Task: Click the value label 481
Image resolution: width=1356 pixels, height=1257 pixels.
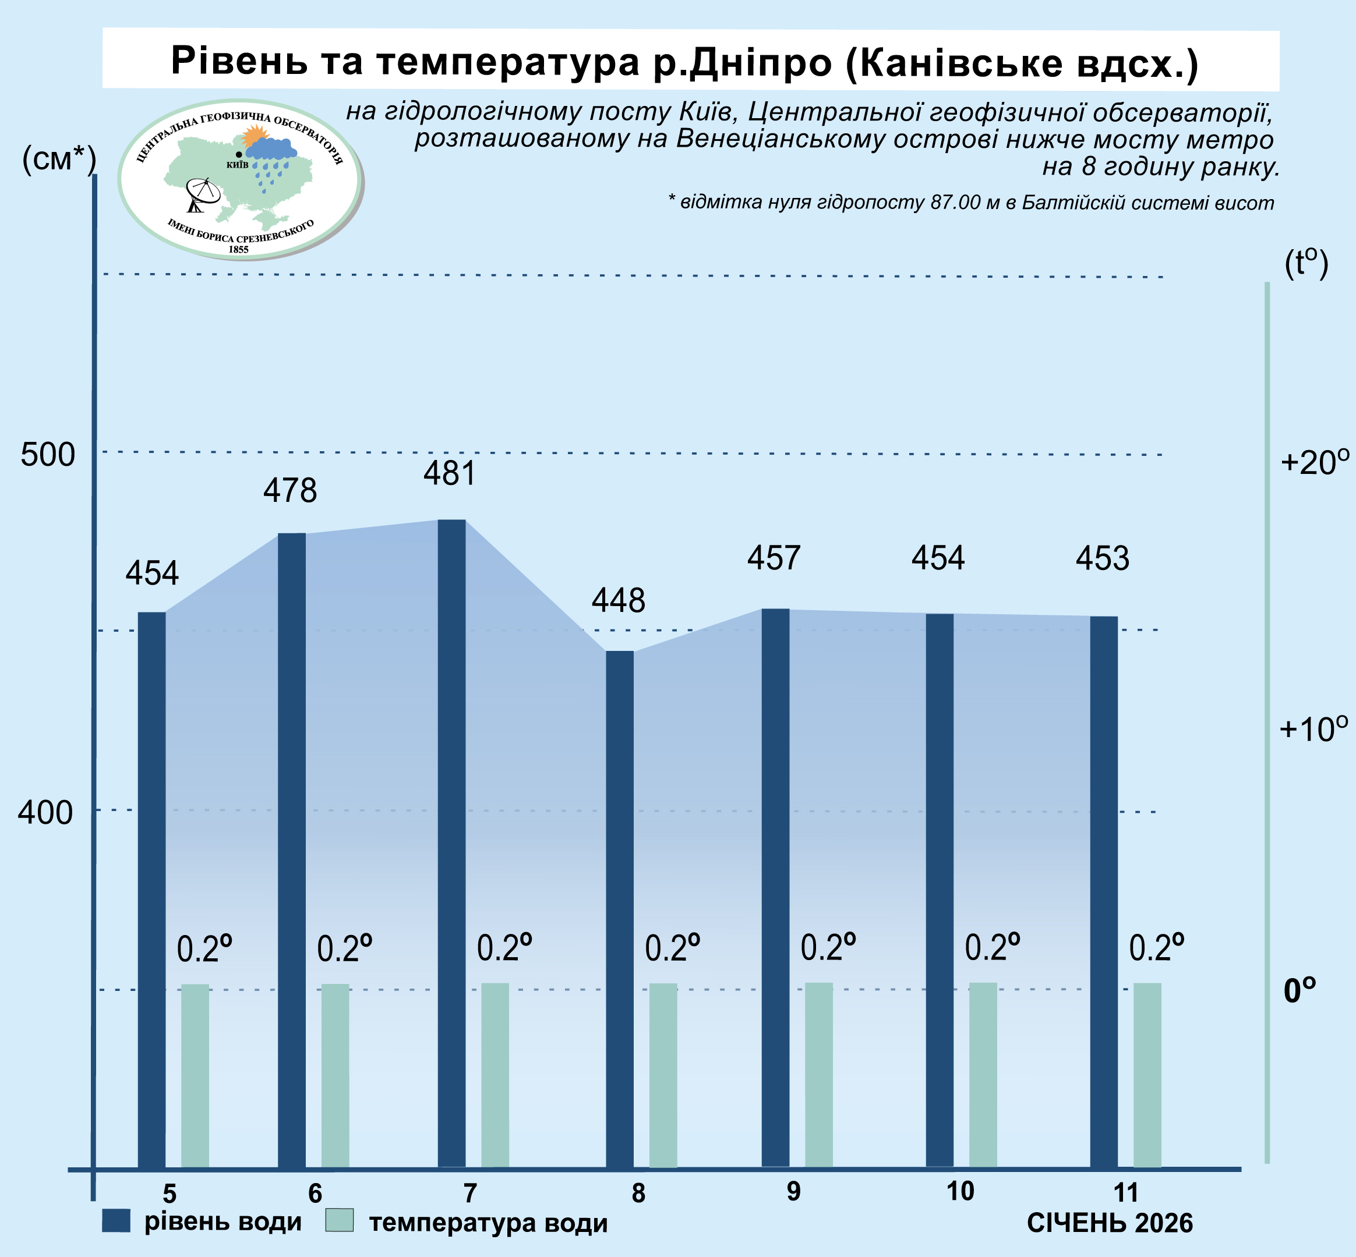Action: (449, 473)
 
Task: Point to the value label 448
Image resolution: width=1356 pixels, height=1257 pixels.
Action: (618, 601)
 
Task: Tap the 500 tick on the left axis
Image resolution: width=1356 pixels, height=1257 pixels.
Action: (48, 454)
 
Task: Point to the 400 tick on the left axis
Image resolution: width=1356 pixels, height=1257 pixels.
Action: (45, 812)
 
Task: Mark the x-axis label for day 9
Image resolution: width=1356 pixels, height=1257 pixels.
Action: (793, 1192)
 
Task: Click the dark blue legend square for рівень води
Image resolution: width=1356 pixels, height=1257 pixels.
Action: (116, 1220)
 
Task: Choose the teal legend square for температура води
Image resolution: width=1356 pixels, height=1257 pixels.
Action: (340, 1220)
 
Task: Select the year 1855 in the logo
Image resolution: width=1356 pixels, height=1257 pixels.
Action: (238, 250)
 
